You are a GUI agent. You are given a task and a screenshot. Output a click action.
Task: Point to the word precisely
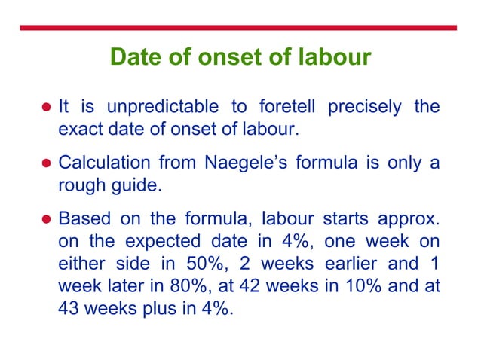(x=364, y=106)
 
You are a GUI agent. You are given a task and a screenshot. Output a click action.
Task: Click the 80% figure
(x=187, y=286)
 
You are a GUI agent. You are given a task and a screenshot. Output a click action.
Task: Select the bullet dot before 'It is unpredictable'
(x=46, y=107)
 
